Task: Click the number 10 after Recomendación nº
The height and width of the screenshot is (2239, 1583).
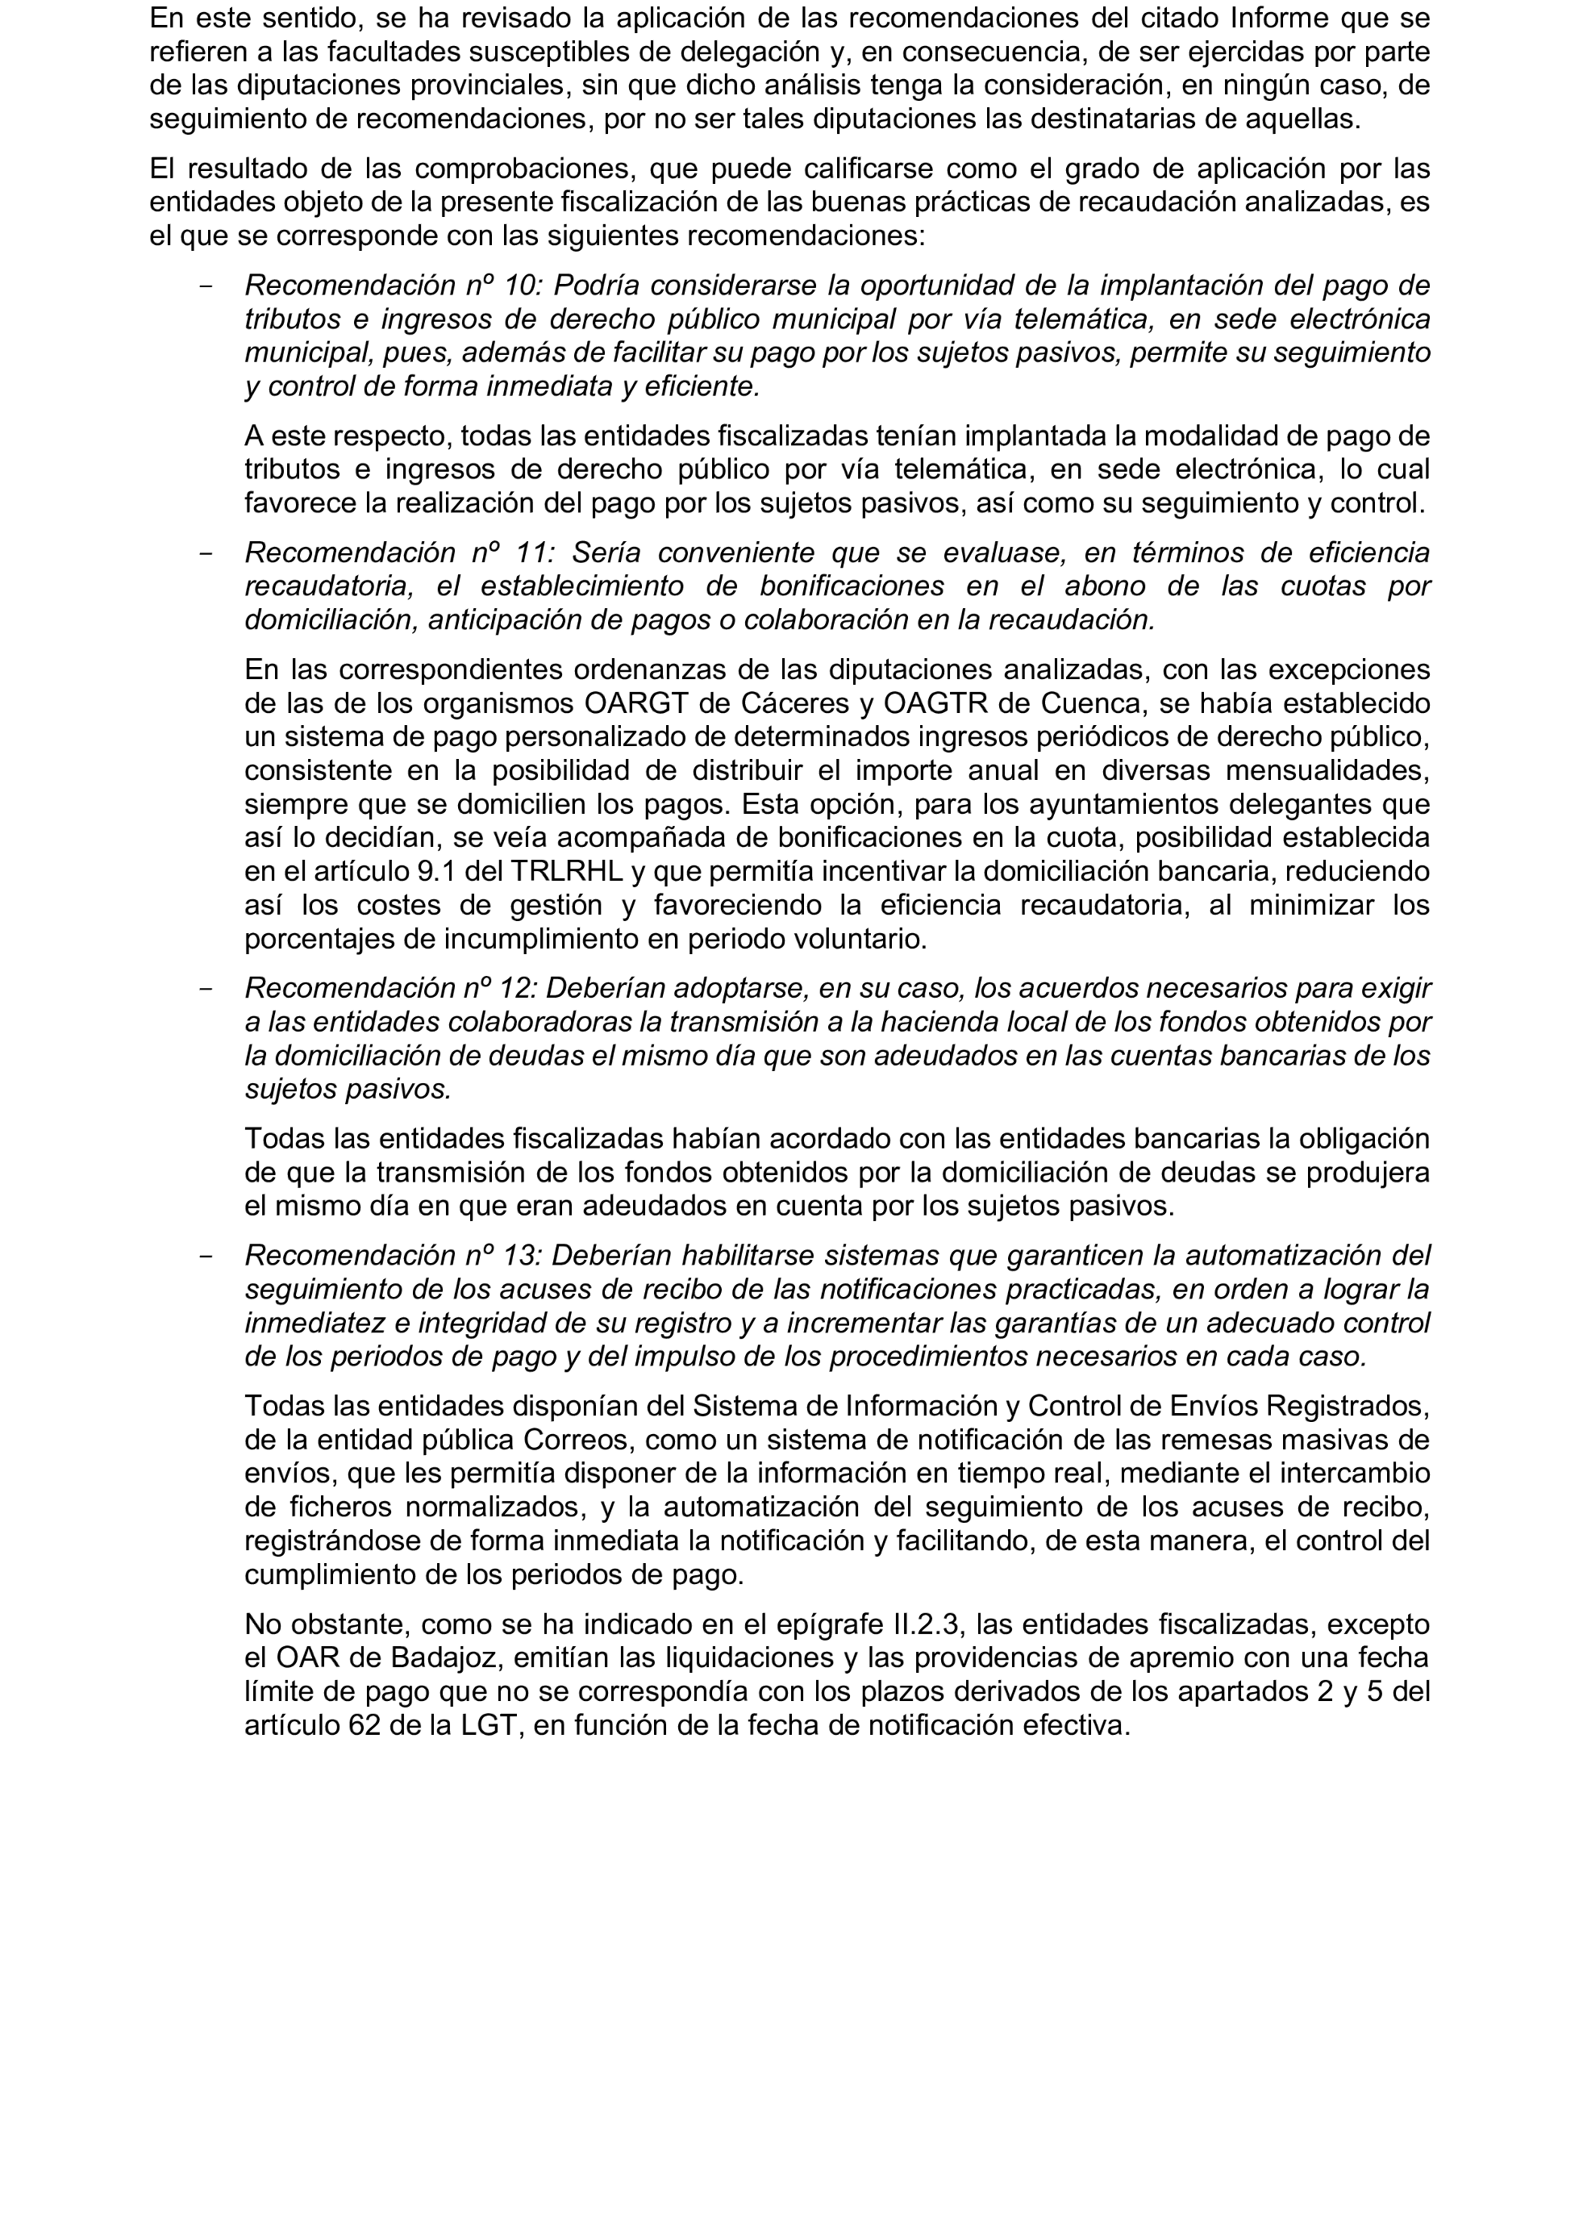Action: tap(523, 286)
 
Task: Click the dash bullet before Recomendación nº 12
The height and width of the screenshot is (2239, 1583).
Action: tap(206, 988)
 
